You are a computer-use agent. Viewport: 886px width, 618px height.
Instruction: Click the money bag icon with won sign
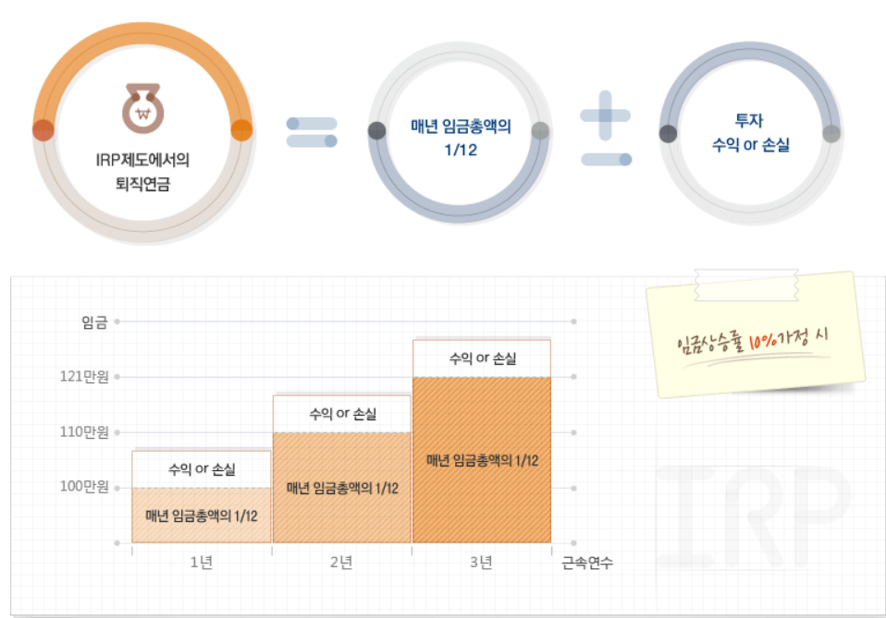[143, 108]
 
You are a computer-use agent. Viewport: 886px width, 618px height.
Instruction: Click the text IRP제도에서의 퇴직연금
[142, 171]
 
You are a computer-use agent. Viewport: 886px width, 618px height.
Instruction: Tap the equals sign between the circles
[312, 132]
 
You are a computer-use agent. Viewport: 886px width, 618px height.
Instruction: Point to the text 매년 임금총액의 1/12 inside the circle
[461, 137]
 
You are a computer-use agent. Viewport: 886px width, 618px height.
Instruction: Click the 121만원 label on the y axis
[84, 377]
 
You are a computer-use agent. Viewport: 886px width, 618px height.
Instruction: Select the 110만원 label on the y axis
[84, 431]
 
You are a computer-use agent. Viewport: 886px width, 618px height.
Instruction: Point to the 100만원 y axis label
[84, 486]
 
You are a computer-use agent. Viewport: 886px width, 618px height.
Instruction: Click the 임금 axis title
[94, 321]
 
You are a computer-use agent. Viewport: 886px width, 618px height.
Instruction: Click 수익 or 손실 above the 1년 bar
[202, 468]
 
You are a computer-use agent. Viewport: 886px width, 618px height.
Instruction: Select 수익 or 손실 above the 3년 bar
[482, 358]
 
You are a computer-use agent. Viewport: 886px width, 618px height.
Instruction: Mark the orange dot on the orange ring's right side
[240, 129]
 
